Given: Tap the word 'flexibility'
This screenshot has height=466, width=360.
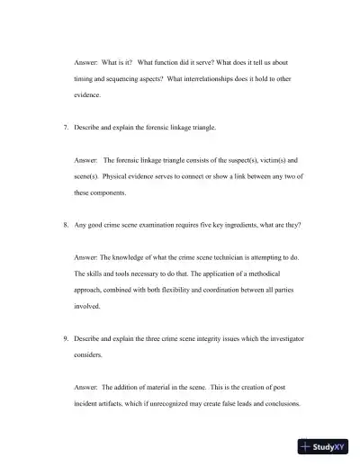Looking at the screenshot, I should pos(184,290).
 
